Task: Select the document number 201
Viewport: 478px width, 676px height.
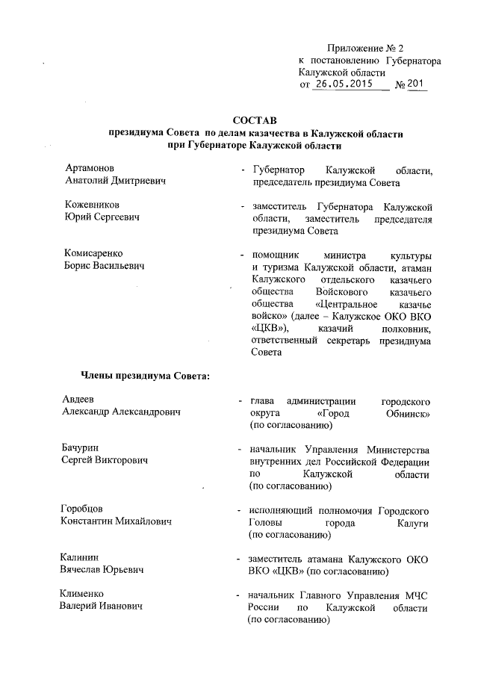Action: (x=417, y=85)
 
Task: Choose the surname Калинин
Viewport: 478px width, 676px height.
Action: (x=81, y=557)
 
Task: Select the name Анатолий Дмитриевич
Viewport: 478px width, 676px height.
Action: (x=114, y=182)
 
